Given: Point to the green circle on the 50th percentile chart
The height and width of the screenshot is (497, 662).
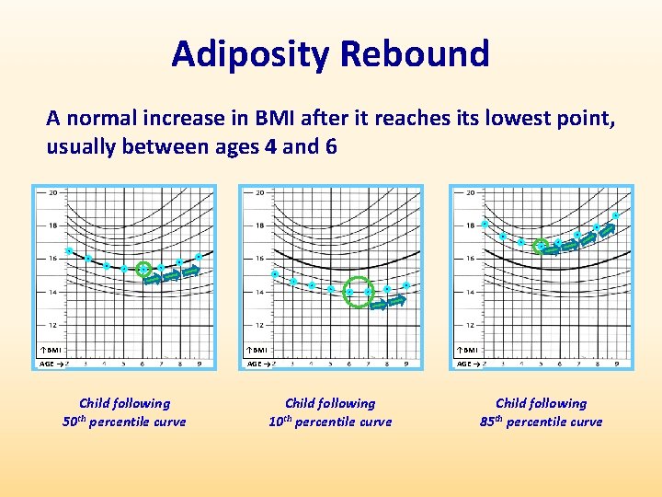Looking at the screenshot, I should (143, 270).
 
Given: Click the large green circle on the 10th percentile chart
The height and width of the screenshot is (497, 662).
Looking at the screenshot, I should (356, 291).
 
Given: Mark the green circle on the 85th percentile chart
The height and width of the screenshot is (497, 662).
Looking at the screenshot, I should (542, 246).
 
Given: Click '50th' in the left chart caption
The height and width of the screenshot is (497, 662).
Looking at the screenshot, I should (75, 422).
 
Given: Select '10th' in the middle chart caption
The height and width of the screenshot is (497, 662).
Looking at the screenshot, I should (281, 422).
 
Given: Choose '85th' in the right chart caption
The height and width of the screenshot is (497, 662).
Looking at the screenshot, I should (492, 422).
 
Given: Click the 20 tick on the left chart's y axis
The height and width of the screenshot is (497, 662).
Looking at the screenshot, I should (54, 192).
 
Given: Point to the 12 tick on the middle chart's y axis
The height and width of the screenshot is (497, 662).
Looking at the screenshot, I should (260, 325).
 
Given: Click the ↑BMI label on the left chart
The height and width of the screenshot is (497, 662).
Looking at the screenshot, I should (52, 350).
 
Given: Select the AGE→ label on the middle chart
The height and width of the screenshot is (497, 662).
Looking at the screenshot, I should (258, 364).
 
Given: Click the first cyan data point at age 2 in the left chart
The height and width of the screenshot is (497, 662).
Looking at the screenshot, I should (69, 250).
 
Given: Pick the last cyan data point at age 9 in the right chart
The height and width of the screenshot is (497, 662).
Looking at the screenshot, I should (615, 216).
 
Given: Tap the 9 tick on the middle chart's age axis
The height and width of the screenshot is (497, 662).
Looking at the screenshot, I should (405, 364).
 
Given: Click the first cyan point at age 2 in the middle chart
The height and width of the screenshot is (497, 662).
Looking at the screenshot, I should (275, 274).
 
